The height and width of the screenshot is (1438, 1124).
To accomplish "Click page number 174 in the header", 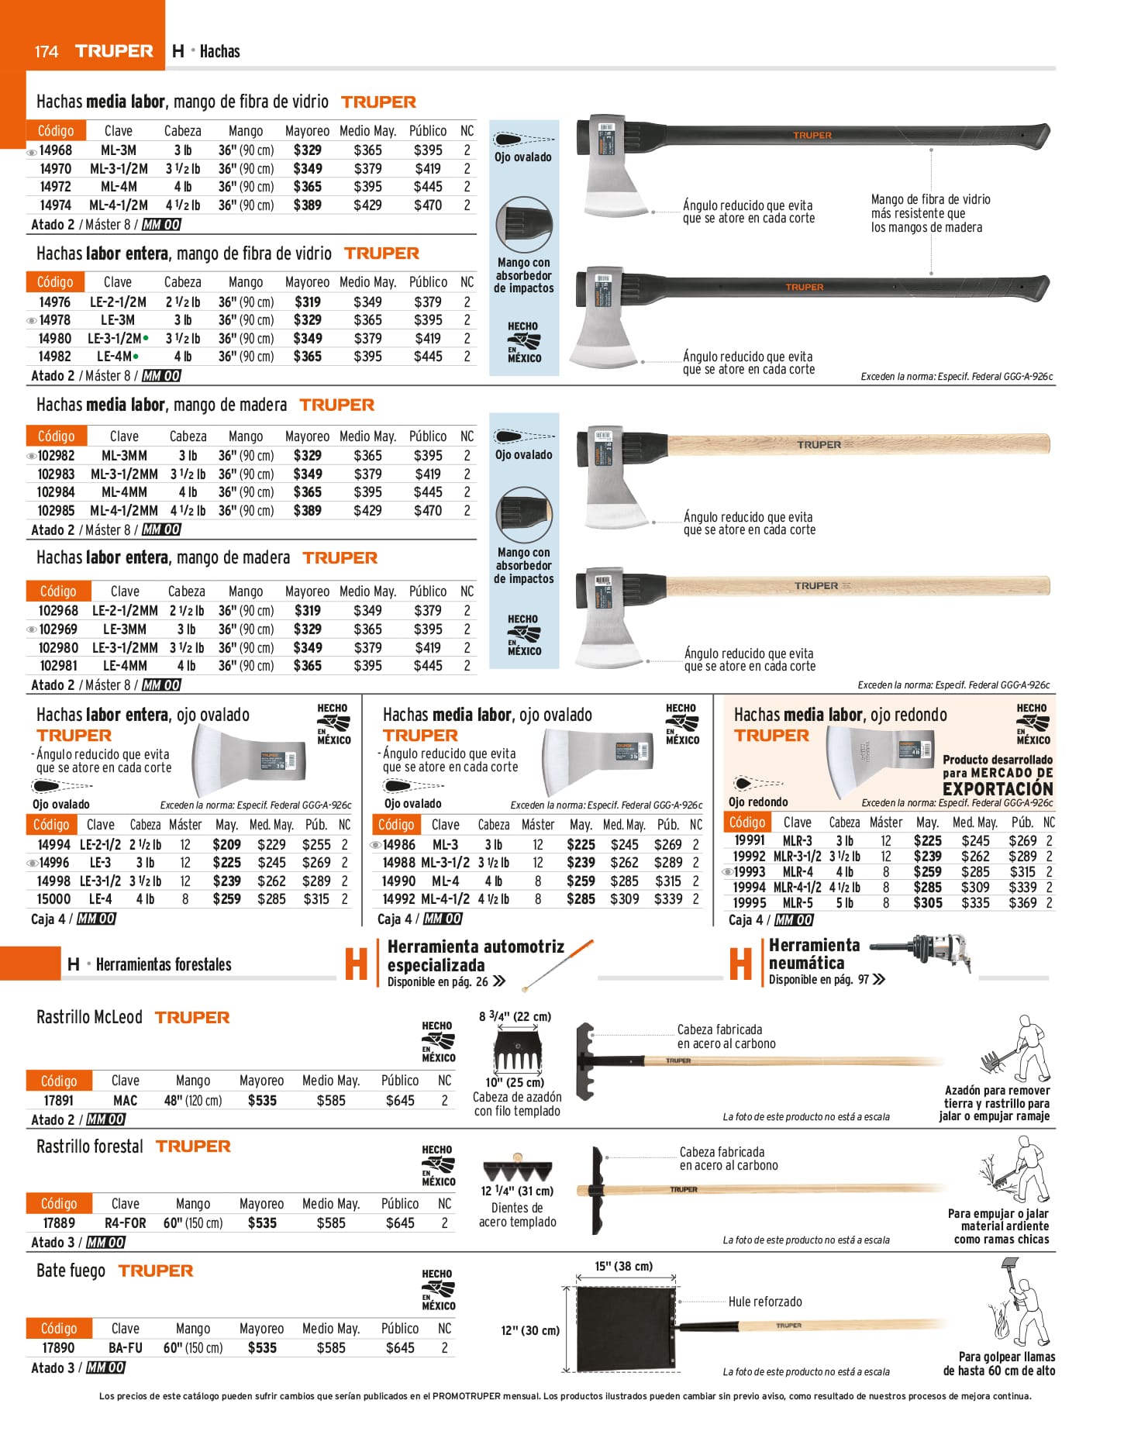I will pyautogui.click(x=47, y=52).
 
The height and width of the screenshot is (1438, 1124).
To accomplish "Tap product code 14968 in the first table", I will pyautogui.click(x=56, y=150).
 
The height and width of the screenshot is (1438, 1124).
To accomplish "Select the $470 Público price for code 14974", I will pyautogui.click(x=428, y=205).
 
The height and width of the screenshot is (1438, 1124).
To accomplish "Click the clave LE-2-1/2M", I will pyautogui.click(x=118, y=302).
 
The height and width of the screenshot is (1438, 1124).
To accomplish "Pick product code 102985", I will pyautogui.click(x=56, y=511).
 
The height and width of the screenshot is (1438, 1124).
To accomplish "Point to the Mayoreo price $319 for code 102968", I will pyautogui.click(x=308, y=611).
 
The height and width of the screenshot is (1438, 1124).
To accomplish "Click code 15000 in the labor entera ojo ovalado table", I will pyautogui.click(x=53, y=899).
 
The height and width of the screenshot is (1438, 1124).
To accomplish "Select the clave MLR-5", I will pyautogui.click(x=798, y=903).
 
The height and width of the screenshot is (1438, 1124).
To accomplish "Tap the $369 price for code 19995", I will pyautogui.click(x=1022, y=903).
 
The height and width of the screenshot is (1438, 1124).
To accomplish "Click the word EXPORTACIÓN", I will pyautogui.click(x=998, y=788).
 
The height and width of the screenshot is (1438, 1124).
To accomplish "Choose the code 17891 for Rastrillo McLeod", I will pyautogui.click(x=59, y=1101).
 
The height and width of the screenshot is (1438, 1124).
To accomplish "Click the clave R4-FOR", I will pyautogui.click(x=126, y=1223).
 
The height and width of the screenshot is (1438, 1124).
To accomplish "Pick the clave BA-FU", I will pyautogui.click(x=126, y=1348).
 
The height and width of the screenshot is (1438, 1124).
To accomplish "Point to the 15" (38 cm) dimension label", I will pyautogui.click(x=624, y=1267).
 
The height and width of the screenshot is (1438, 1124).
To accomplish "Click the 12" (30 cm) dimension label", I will pyautogui.click(x=530, y=1331).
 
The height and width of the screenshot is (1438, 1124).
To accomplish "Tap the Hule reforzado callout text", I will pyautogui.click(x=765, y=1302).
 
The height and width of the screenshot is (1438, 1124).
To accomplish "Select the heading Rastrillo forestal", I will pyautogui.click(x=90, y=1147).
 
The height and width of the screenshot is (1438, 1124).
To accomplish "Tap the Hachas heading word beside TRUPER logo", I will pyautogui.click(x=220, y=52).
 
